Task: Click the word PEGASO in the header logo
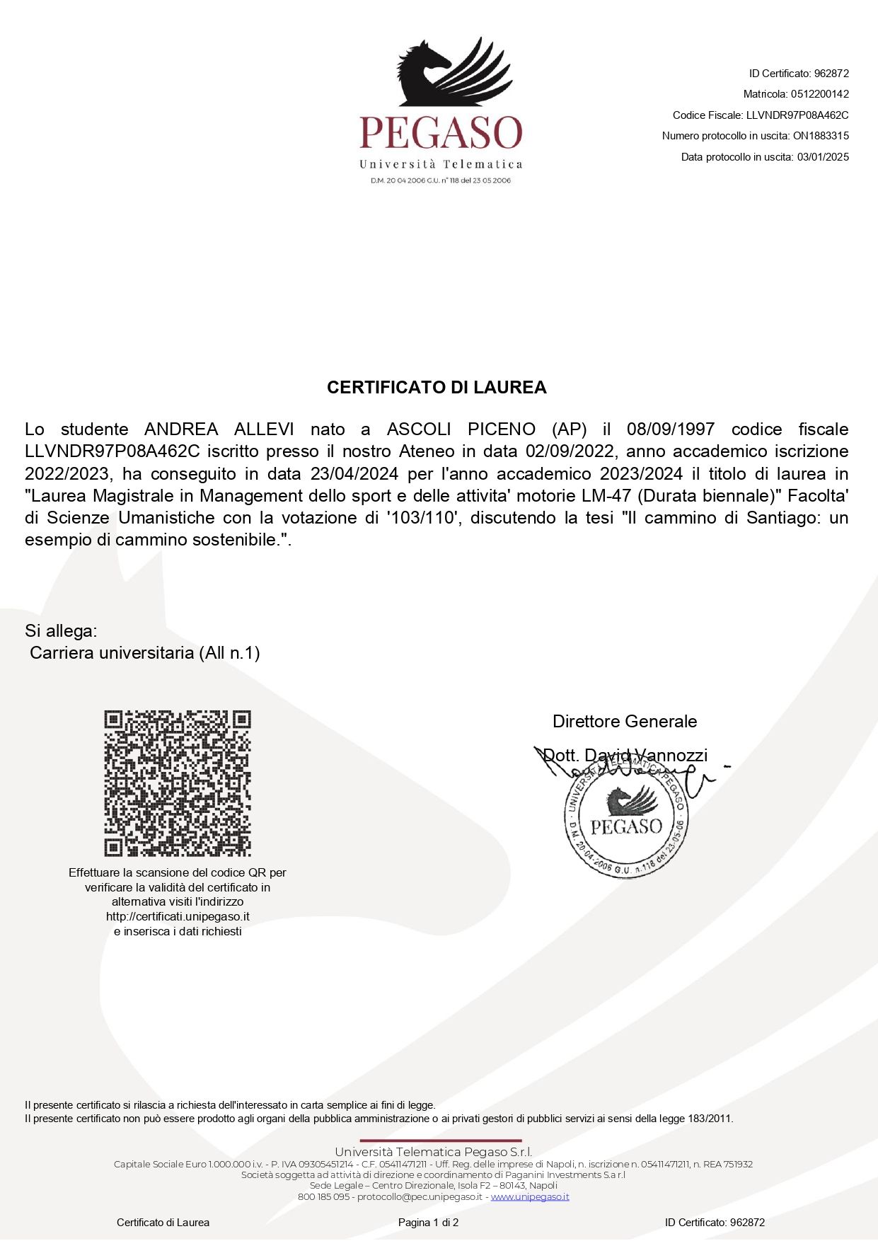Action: [441, 133]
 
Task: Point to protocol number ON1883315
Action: [821, 136]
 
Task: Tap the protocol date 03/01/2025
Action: [823, 157]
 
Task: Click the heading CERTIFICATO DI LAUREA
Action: [437, 388]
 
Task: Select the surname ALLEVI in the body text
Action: [264, 429]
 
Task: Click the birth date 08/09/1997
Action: [670, 429]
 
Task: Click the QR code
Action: [178, 783]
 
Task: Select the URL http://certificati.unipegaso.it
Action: [178, 917]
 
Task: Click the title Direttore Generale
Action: [625, 722]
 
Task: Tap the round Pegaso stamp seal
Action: [626, 821]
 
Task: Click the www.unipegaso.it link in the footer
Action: [530, 1197]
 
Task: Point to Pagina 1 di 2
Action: [428, 1223]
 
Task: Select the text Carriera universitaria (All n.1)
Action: [145, 653]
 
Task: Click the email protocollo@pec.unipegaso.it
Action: [420, 1197]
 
